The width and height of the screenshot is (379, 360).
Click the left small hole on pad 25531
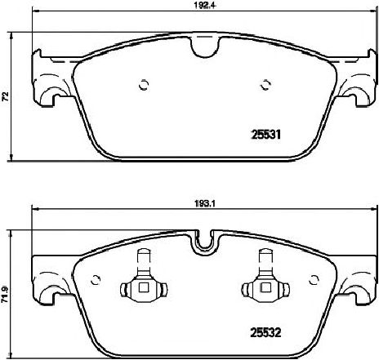point(142,83)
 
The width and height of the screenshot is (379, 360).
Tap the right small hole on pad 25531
point(265,83)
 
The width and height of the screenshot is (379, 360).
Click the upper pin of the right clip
point(264,257)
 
